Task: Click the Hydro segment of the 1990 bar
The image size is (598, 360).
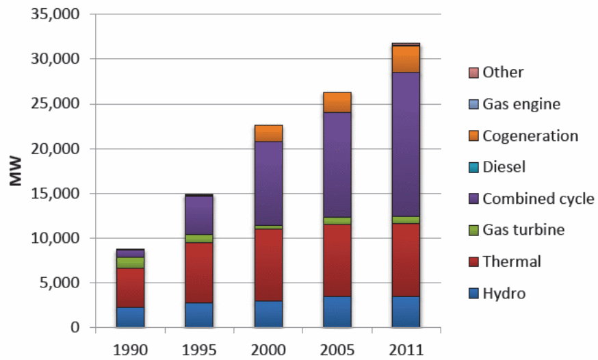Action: click(129, 317)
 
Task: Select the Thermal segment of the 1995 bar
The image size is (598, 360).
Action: click(199, 272)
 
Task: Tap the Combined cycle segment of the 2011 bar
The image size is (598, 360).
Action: click(406, 144)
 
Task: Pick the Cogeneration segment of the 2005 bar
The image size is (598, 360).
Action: click(337, 102)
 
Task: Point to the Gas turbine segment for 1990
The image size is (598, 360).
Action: click(129, 262)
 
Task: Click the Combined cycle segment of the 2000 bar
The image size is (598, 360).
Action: click(268, 183)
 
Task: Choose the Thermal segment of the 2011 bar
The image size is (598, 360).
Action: click(406, 259)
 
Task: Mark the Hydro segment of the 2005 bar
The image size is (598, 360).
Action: click(337, 311)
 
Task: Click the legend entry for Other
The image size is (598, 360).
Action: click(503, 72)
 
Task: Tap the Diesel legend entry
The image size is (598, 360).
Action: click(504, 167)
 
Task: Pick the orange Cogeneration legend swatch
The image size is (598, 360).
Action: click(473, 136)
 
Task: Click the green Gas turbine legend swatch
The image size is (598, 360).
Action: click(473, 230)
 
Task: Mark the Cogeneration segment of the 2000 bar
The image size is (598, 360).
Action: click(268, 133)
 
